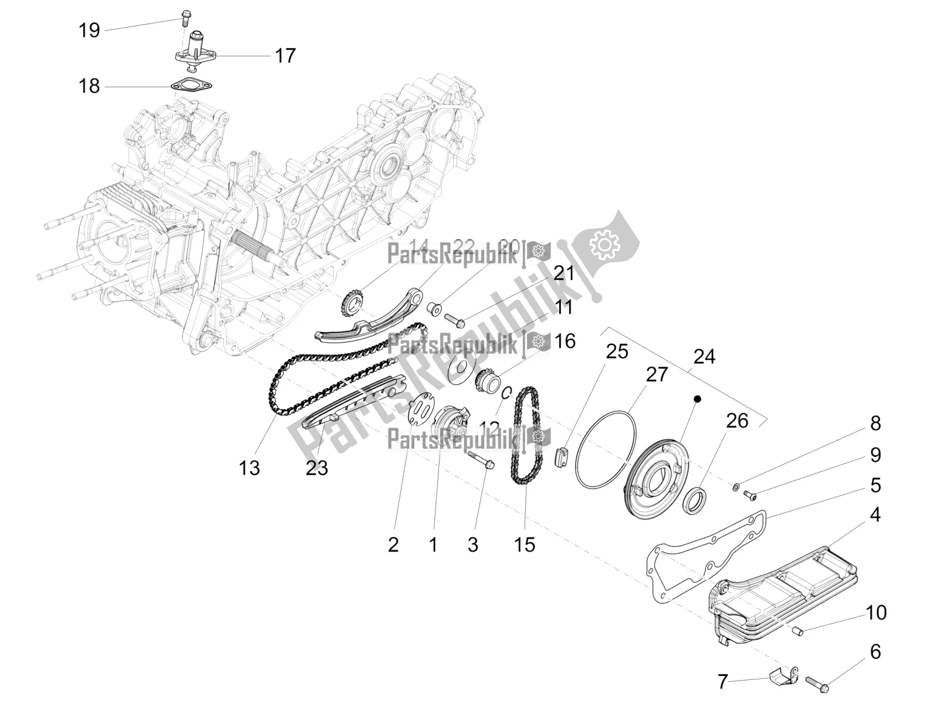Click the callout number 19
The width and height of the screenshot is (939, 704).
(89, 30)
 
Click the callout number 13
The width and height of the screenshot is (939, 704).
(249, 468)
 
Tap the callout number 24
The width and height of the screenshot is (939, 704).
(704, 356)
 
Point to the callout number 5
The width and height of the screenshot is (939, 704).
(875, 485)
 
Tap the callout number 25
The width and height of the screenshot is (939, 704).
(617, 351)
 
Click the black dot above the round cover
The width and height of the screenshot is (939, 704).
(697, 398)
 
